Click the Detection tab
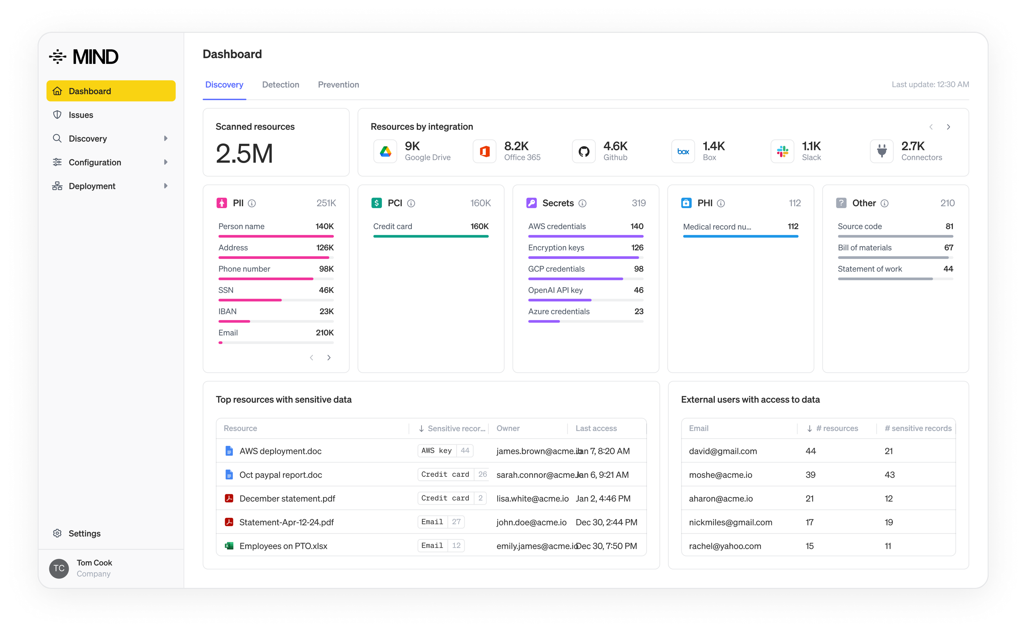(x=281, y=84)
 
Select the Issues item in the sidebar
(x=81, y=115)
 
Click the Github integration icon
(x=584, y=151)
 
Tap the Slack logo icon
(x=782, y=151)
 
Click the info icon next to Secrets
(x=582, y=204)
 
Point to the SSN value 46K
(x=326, y=290)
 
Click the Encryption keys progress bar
(x=585, y=258)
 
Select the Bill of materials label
(x=864, y=247)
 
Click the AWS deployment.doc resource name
(x=281, y=451)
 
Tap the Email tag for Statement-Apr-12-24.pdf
(x=432, y=522)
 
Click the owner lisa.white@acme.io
(x=532, y=498)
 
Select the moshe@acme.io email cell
(x=720, y=475)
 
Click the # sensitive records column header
(x=918, y=428)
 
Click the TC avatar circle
(x=59, y=568)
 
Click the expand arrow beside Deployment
(x=165, y=186)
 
